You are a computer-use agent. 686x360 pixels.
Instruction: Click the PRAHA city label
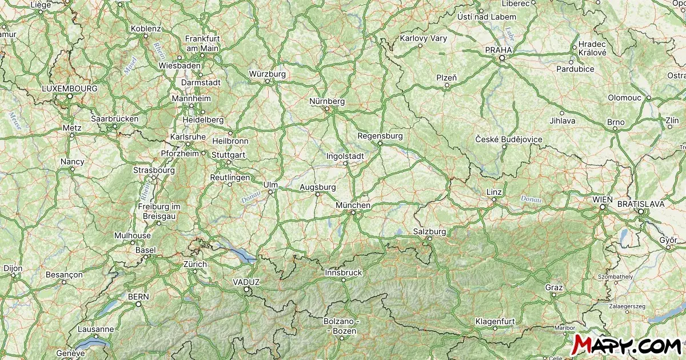[498, 50]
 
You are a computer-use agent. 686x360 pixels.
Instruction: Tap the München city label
[353, 205]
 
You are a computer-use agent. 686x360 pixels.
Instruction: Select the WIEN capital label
[603, 199]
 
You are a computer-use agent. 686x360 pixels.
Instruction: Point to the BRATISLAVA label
[641, 203]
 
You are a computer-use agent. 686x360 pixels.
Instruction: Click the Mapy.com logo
[627, 345]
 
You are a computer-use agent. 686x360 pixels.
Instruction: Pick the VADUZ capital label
[246, 282]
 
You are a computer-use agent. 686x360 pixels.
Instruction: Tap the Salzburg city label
[429, 231]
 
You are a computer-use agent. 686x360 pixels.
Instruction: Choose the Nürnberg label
[327, 101]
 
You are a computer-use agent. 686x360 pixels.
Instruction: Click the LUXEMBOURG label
[70, 89]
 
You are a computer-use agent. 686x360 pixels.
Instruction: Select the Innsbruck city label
[343, 273]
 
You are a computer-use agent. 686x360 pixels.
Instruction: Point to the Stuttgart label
[228, 155]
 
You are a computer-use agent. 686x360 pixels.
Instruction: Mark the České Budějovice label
[509, 139]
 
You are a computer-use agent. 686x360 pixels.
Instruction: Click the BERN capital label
[138, 297]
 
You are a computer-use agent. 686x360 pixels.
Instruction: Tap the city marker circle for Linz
[493, 199]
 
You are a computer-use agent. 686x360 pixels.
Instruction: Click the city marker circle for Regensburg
[380, 143]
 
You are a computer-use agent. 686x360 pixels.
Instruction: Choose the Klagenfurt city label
[496, 321]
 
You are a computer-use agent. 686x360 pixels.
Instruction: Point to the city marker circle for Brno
[615, 130]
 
